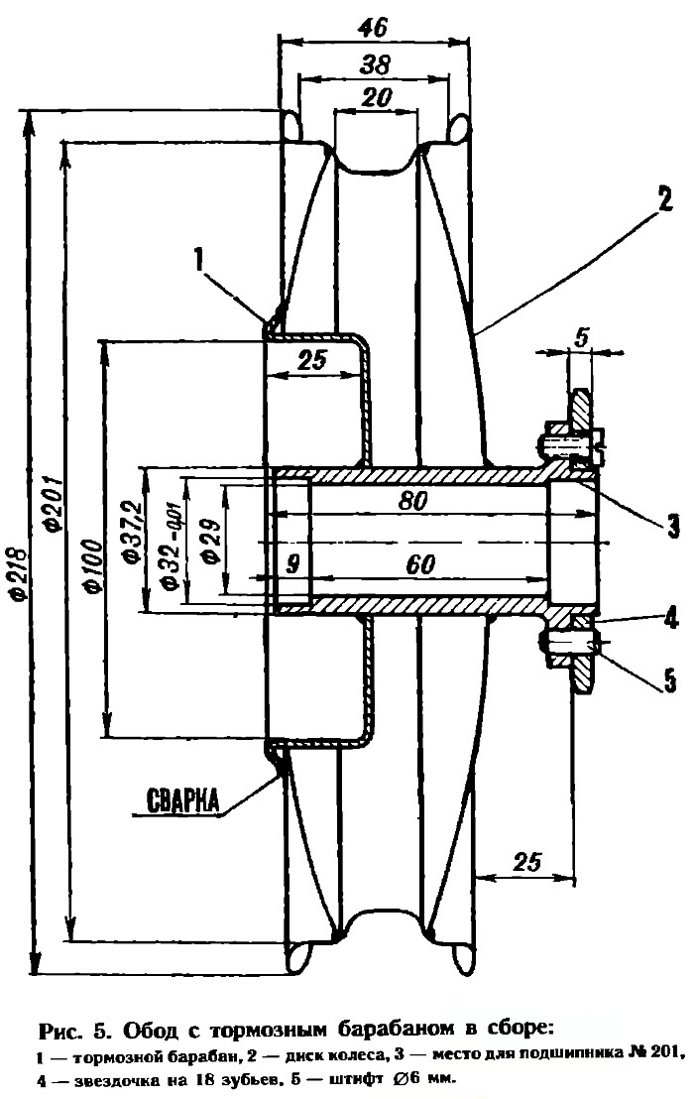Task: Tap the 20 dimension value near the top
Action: (x=377, y=96)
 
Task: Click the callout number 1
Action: (x=199, y=260)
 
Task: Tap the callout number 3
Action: (x=671, y=524)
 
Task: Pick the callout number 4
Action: (x=672, y=620)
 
